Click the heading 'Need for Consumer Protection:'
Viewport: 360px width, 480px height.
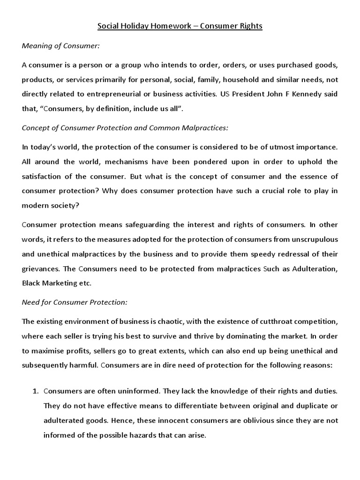pos(75,302)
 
